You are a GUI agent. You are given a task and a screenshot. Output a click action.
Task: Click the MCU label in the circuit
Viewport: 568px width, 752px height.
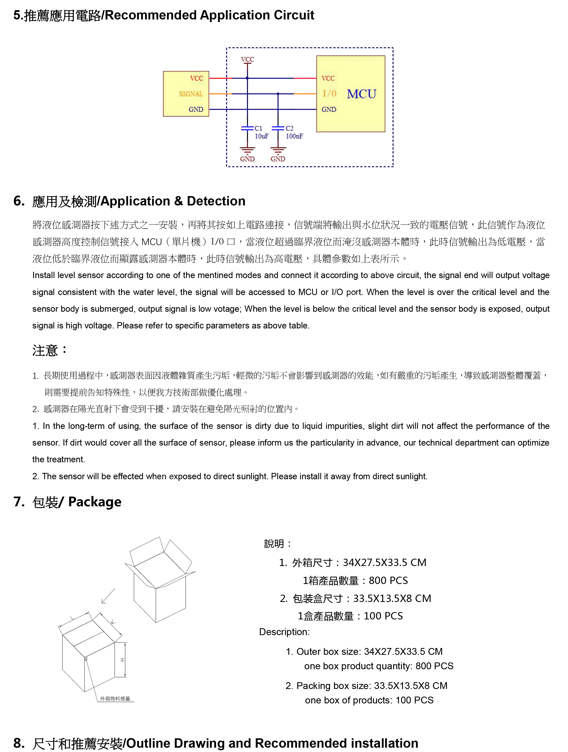pos(361,94)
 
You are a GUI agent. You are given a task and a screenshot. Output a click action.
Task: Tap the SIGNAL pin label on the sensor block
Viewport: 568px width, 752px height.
pos(191,94)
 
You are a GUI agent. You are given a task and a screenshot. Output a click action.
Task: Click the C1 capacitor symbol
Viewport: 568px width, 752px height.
pos(247,128)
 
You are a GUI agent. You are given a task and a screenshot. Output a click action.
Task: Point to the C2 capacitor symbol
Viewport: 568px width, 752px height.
pos(278,128)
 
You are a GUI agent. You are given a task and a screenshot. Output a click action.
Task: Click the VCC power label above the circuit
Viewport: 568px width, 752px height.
pos(247,59)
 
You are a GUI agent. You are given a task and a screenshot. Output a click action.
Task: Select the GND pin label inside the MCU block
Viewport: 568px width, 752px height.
pos(329,110)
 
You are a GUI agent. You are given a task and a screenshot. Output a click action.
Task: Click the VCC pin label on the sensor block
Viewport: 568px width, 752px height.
pos(196,78)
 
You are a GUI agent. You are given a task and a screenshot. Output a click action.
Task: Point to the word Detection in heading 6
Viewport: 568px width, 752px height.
pos(216,201)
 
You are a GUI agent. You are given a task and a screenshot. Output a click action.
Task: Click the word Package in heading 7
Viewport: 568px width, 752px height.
pos(95,502)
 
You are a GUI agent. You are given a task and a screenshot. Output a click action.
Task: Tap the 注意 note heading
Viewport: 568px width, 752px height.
pos(46,350)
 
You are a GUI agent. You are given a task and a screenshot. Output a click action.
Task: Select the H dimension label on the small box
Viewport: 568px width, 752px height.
pos(122,660)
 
